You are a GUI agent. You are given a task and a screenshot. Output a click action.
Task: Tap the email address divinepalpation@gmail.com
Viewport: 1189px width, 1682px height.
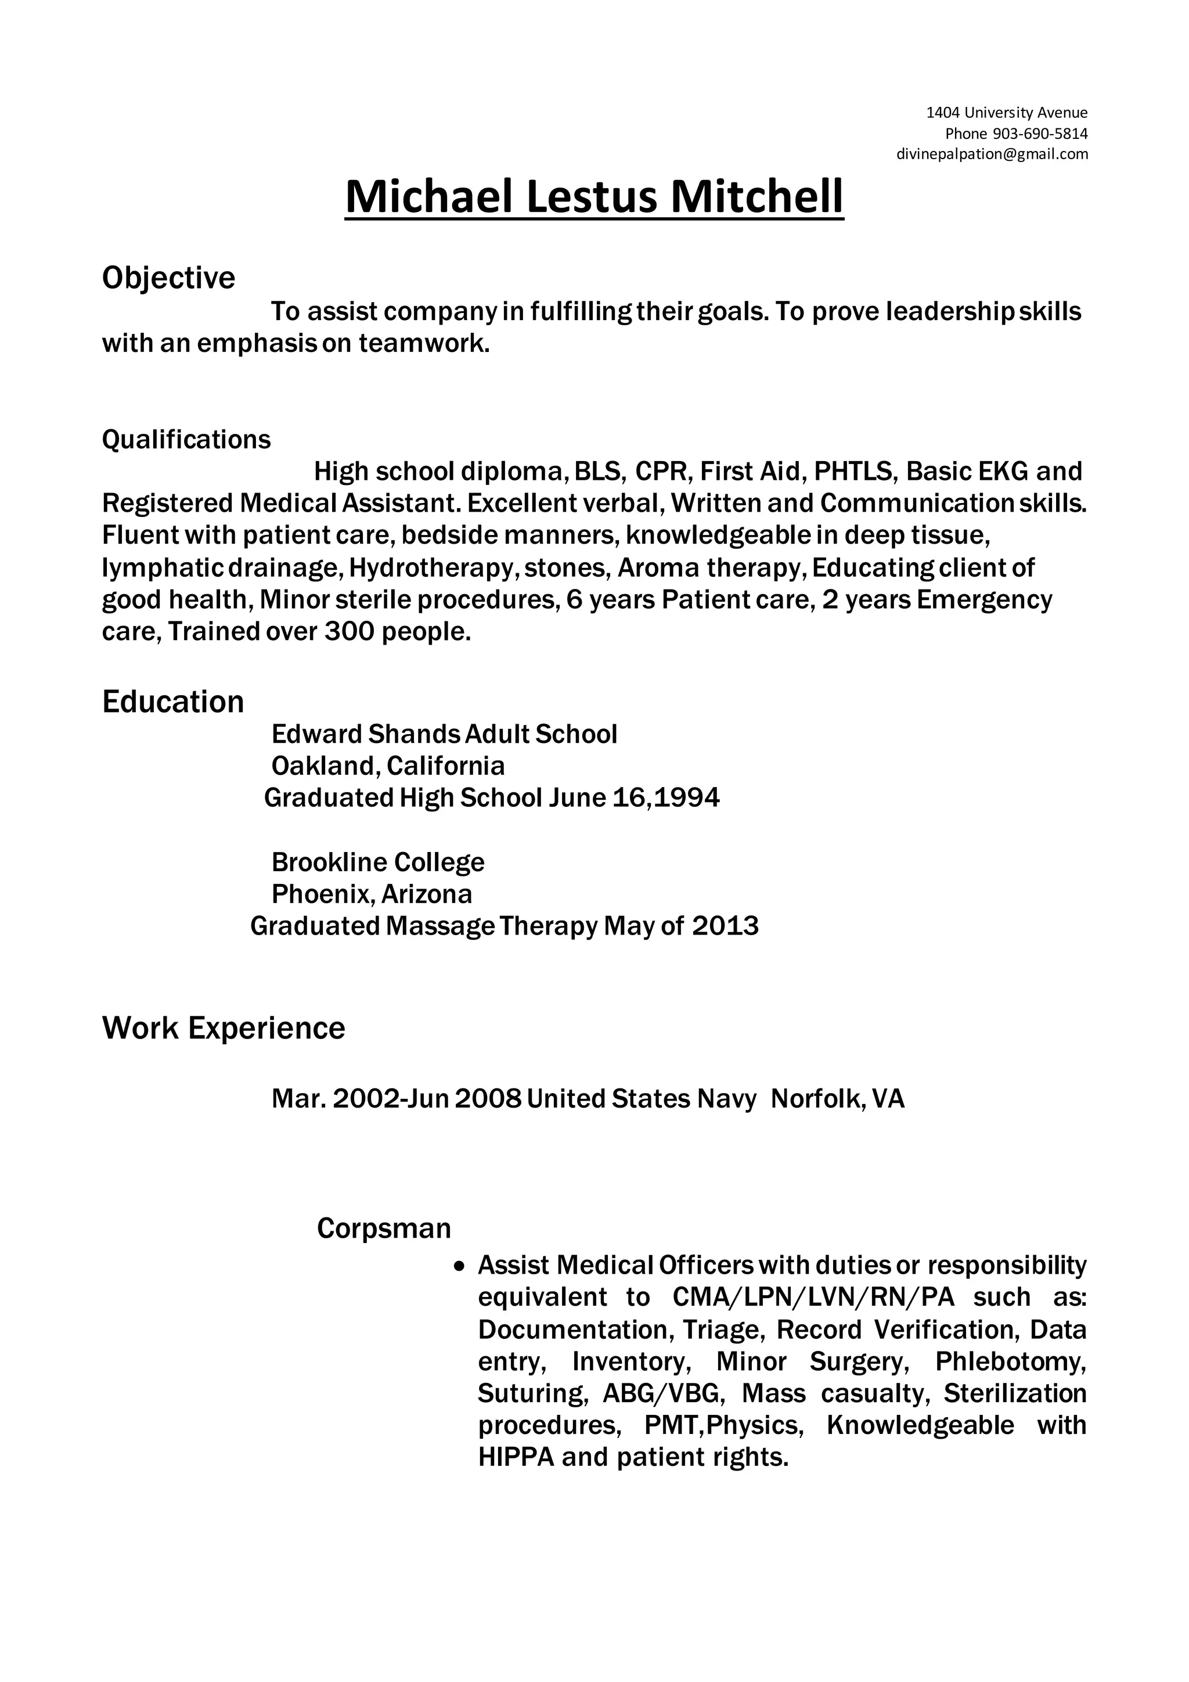coord(992,154)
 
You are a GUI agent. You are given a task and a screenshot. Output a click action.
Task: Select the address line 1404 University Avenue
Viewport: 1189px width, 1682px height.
coord(1007,112)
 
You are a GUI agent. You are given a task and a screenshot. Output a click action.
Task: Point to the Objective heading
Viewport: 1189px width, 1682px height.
coord(168,278)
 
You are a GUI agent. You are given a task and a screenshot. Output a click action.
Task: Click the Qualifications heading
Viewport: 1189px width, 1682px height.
coord(186,439)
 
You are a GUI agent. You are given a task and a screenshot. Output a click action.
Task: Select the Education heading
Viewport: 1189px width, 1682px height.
coord(173,702)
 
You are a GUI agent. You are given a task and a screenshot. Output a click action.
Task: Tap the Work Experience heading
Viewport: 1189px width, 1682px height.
coord(224,1028)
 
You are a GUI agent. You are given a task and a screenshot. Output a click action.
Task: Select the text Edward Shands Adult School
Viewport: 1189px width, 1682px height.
coord(444,734)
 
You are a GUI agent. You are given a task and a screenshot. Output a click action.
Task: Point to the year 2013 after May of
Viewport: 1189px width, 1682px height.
coord(725,927)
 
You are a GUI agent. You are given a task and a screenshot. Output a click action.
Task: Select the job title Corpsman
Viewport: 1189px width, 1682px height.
coord(384,1228)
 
